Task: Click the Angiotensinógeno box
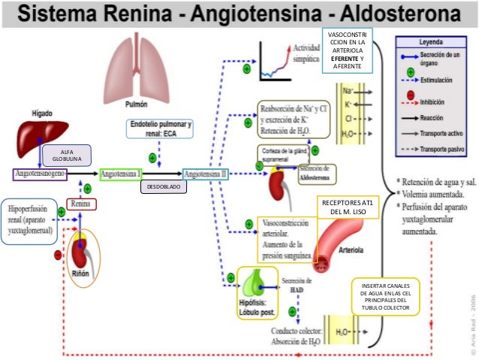(40, 174)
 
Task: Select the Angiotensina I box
(122, 174)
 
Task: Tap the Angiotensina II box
(206, 174)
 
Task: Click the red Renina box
(82, 203)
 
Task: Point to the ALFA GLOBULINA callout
(68, 155)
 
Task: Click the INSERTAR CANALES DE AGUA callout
(385, 298)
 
